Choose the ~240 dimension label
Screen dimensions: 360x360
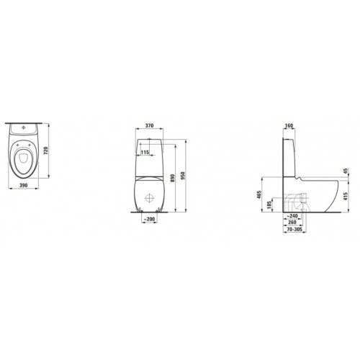click(293, 215)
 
